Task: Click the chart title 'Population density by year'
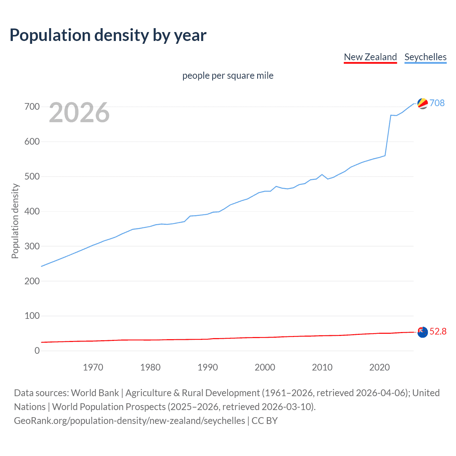(x=108, y=35)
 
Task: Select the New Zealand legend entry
(x=370, y=57)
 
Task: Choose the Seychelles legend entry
(x=425, y=57)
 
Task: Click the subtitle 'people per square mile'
(x=228, y=76)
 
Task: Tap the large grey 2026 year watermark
(x=79, y=113)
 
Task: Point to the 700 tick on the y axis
(x=32, y=107)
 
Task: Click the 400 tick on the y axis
(x=32, y=211)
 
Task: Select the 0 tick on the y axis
(x=37, y=351)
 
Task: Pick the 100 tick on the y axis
(x=32, y=316)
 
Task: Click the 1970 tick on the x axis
(x=93, y=367)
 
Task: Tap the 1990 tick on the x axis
(x=208, y=367)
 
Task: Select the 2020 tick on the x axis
(x=379, y=367)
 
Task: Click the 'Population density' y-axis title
(x=15, y=221)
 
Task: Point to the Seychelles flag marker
(x=423, y=103)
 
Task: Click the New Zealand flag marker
(x=423, y=332)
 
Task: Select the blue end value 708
(x=437, y=103)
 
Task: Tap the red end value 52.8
(x=438, y=332)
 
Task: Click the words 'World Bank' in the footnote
(x=95, y=393)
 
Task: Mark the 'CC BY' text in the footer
(x=265, y=421)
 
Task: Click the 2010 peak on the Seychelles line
(x=322, y=175)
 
